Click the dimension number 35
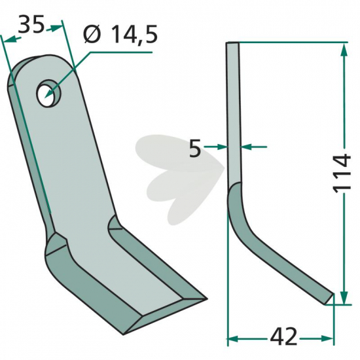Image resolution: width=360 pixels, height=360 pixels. (31, 24)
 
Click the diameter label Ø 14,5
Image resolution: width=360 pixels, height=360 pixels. (120, 35)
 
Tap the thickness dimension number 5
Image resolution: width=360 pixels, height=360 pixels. (195, 149)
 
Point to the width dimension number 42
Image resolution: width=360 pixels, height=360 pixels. (283, 338)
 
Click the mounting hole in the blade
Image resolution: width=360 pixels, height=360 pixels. (49, 93)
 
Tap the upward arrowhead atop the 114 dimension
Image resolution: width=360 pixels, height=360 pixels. (344, 50)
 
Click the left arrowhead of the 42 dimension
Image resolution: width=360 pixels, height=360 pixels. (233, 338)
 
